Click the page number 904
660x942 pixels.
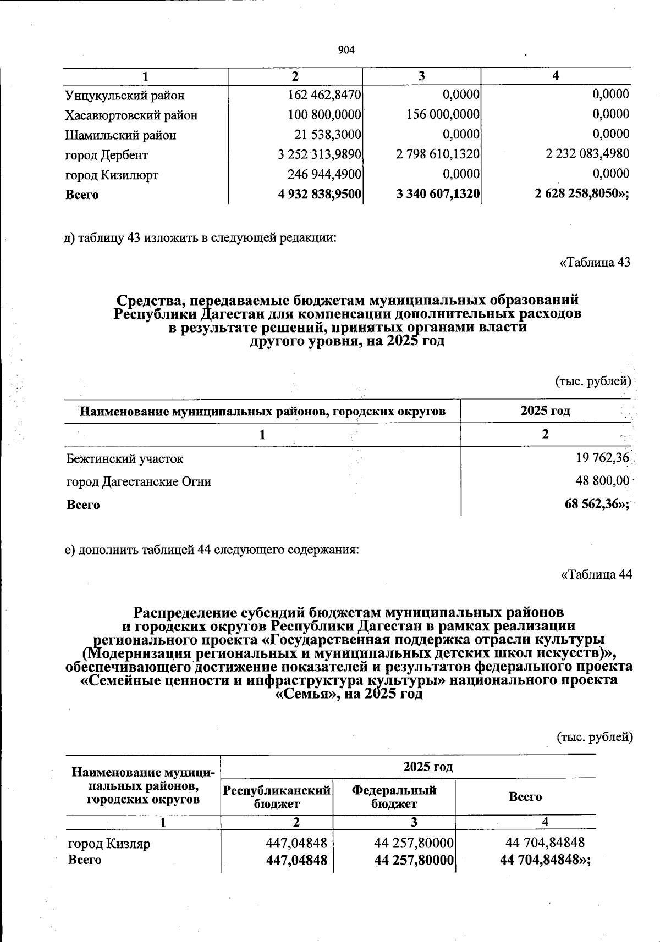[x=346, y=51]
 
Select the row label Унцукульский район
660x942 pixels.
[x=124, y=96]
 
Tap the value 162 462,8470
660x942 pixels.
[x=324, y=95]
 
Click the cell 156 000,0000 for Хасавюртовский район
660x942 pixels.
[x=438, y=115]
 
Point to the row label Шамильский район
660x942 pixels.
[x=120, y=135]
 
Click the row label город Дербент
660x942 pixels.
[x=107, y=155]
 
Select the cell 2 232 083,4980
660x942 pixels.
[x=587, y=154]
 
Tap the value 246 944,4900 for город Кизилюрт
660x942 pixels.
[x=324, y=174]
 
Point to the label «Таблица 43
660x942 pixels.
[x=595, y=262]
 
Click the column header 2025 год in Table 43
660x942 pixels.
[x=545, y=411]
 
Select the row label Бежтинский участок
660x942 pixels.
[x=125, y=458]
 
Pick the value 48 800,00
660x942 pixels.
[x=602, y=481]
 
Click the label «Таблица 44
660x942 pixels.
[x=596, y=575]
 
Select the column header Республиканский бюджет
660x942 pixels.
[x=277, y=797]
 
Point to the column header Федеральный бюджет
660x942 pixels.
[x=394, y=797]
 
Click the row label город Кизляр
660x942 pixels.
[x=109, y=843]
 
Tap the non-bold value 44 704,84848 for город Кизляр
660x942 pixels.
[x=544, y=843]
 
